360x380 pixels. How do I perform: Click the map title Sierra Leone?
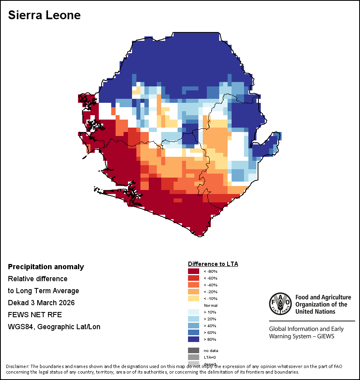point(44,15)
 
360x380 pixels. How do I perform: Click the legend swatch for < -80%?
point(193,271)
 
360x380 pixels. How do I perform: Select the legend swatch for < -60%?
point(193,278)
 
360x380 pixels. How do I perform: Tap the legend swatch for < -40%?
point(193,285)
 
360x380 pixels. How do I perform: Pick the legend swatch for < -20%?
point(193,292)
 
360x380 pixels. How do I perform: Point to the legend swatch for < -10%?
point(193,298)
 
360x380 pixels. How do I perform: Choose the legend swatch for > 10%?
point(193,312)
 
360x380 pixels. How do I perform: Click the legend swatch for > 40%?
point(193,326)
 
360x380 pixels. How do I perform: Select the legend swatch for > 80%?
point(193,339)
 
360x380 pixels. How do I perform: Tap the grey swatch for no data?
point(193,350)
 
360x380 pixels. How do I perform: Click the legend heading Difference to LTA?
point(213,264)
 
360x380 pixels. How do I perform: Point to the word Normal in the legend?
point(211,305)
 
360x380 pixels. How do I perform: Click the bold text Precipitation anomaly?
point(46,267)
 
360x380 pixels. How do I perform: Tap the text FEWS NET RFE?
point(35,315)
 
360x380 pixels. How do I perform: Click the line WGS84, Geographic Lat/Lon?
point(54,327)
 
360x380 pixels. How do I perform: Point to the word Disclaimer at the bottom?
point(18,366)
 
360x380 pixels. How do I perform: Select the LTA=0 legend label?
point(210,357)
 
